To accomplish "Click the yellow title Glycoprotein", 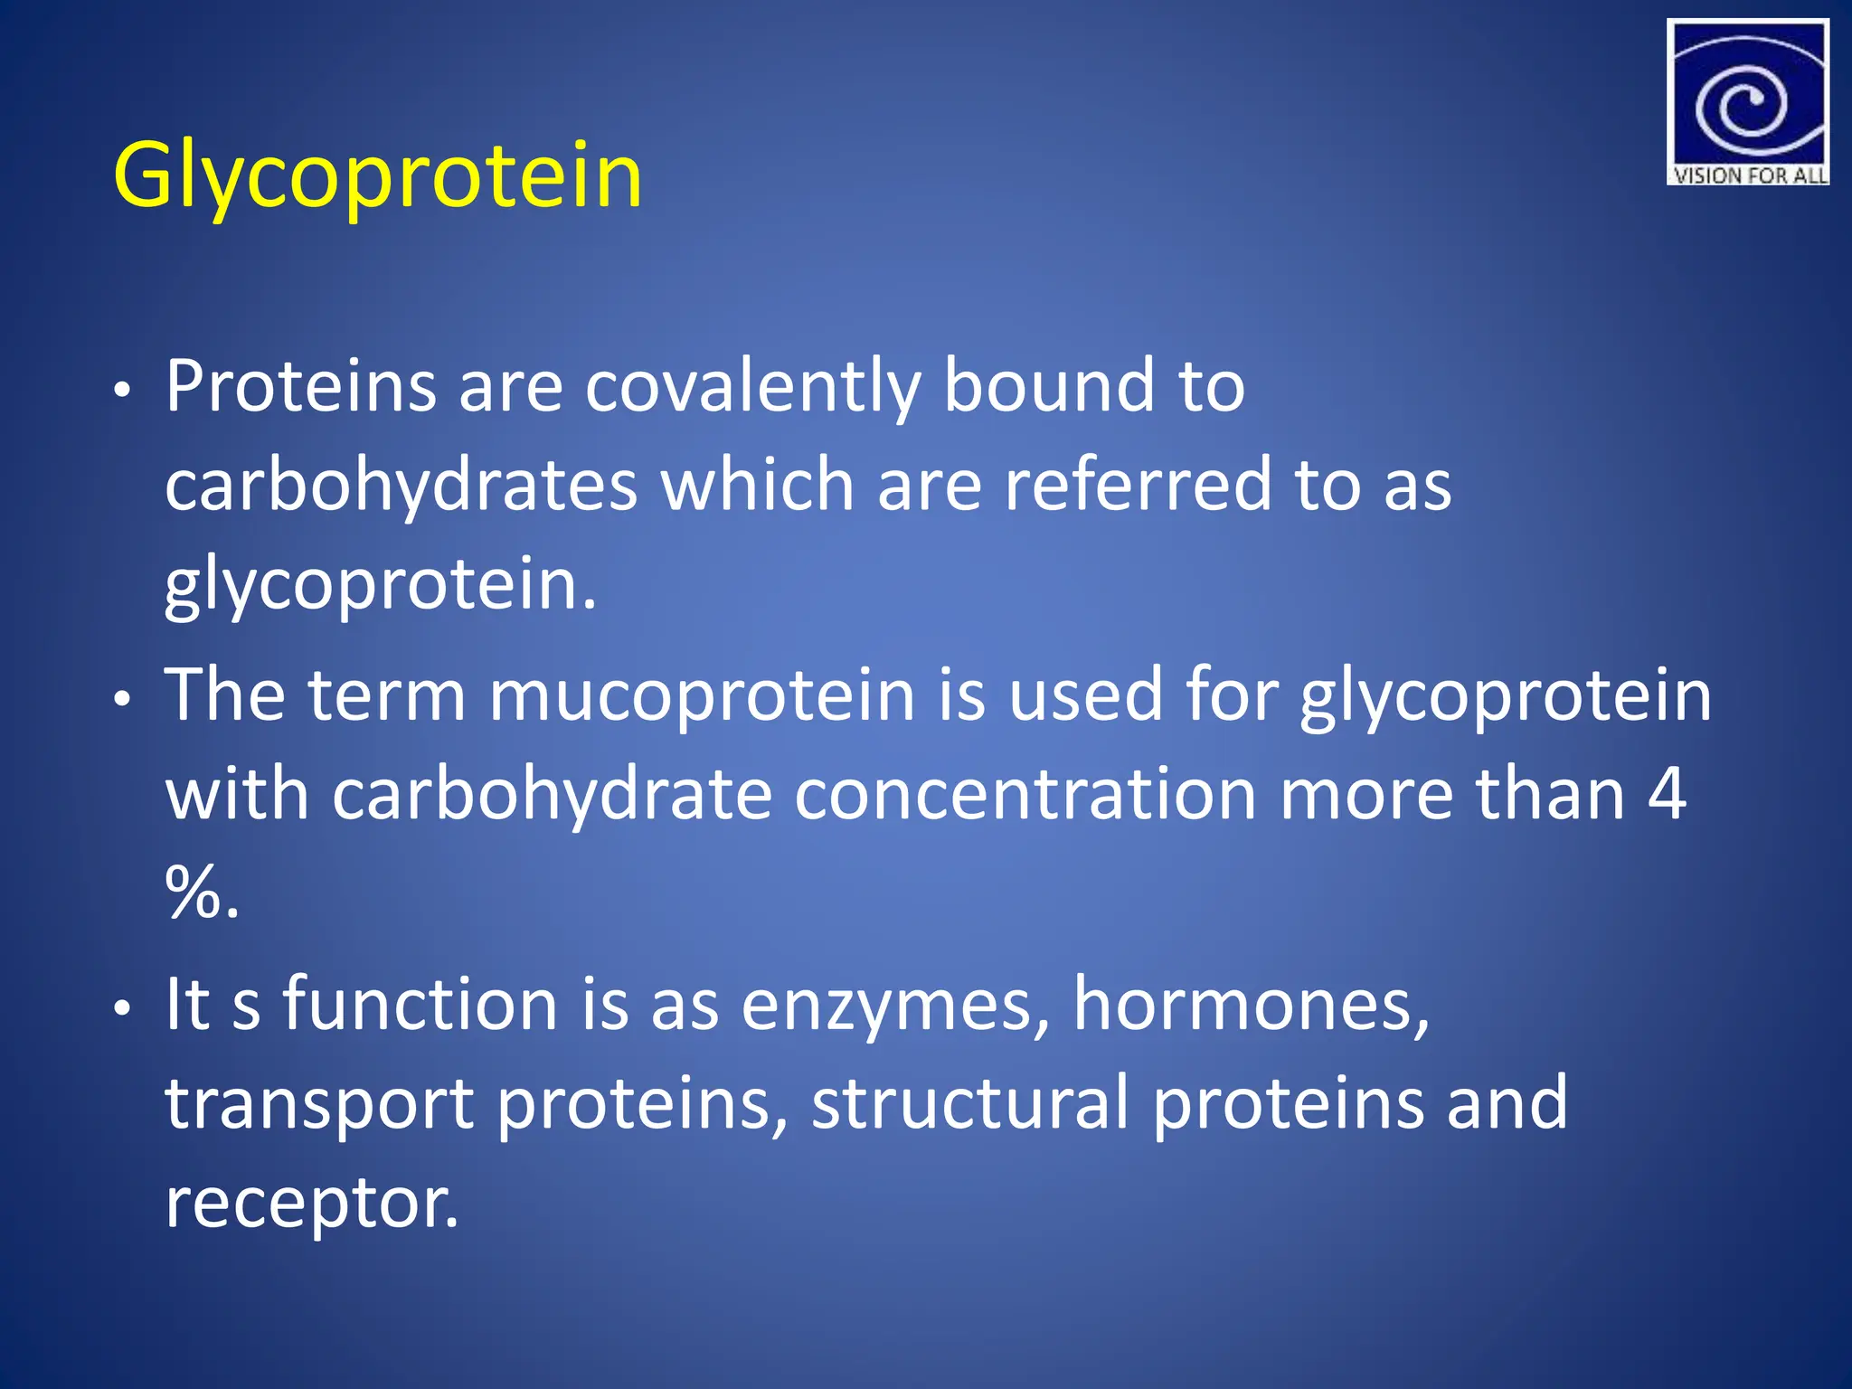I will click(x=377, y=176).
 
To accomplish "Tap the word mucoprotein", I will click(x=702, y=696).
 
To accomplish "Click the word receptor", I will click(x=311, y=1204).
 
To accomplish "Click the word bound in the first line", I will click(x=1049, y=387).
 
